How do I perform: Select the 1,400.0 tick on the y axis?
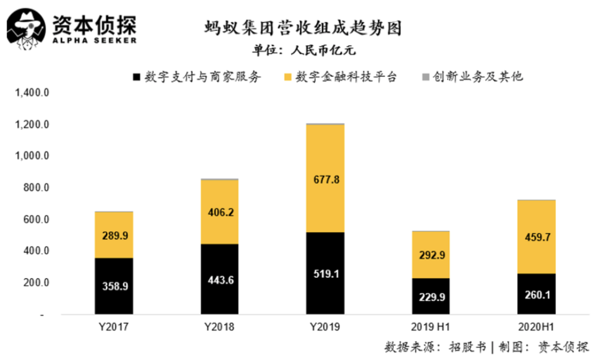34,93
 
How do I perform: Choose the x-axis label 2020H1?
536,327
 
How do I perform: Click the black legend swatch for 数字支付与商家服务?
136,77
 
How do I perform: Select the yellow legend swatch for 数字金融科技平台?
290,77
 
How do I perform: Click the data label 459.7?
536,237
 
